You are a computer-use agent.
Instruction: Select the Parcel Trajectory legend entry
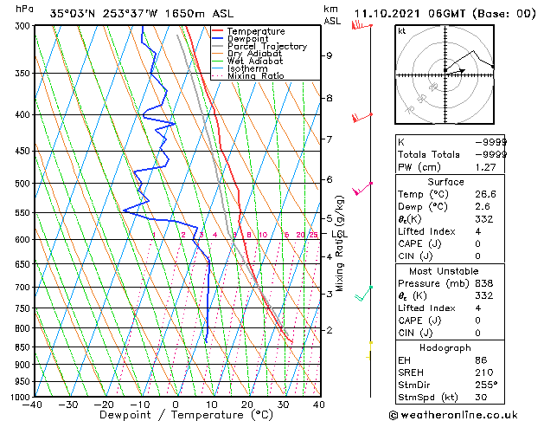pos(266,47)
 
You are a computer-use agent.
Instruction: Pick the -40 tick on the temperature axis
pos(35,405)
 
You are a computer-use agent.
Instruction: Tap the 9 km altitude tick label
pos(329,55)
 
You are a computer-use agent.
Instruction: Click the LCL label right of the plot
pos(339,234)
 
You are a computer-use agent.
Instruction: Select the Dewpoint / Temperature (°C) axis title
pos(176,416)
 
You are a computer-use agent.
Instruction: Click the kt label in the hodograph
pos(401,31)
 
